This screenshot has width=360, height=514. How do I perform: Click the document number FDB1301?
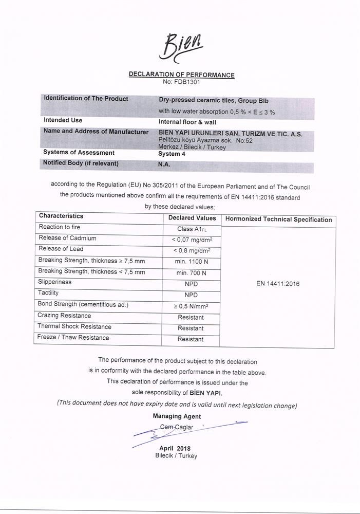tap(181, 82)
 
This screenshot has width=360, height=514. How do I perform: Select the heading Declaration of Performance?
tap(181, 75)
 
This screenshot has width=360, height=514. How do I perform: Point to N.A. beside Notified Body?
tap(164, 164)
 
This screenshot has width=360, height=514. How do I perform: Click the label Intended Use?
tap(63, 120)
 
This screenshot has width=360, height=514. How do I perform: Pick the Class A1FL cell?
tap(192, 229)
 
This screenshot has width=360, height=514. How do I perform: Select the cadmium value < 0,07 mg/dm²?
tap(192, 240)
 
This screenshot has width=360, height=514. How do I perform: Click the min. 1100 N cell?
tap(192, 262)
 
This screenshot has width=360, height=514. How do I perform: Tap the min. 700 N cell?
tap(191, 273)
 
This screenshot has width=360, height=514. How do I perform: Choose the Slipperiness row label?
tap(54, 282)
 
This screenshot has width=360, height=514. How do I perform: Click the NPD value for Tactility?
tap(191, 295)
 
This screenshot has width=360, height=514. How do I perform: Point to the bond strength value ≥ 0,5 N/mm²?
tap(191, 306)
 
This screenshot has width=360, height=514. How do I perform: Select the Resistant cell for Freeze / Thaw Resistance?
tap(191, 339)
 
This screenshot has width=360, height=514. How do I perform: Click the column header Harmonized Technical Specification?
tap(278, 219)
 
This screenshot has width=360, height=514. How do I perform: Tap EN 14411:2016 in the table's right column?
tap(278, 284)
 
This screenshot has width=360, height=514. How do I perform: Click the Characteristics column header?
tap(61, 216)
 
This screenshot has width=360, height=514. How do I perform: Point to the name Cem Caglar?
tap(177, 427)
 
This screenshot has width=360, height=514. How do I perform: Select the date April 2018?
tap(175, 449)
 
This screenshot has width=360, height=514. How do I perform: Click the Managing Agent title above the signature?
tap(177, 416)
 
